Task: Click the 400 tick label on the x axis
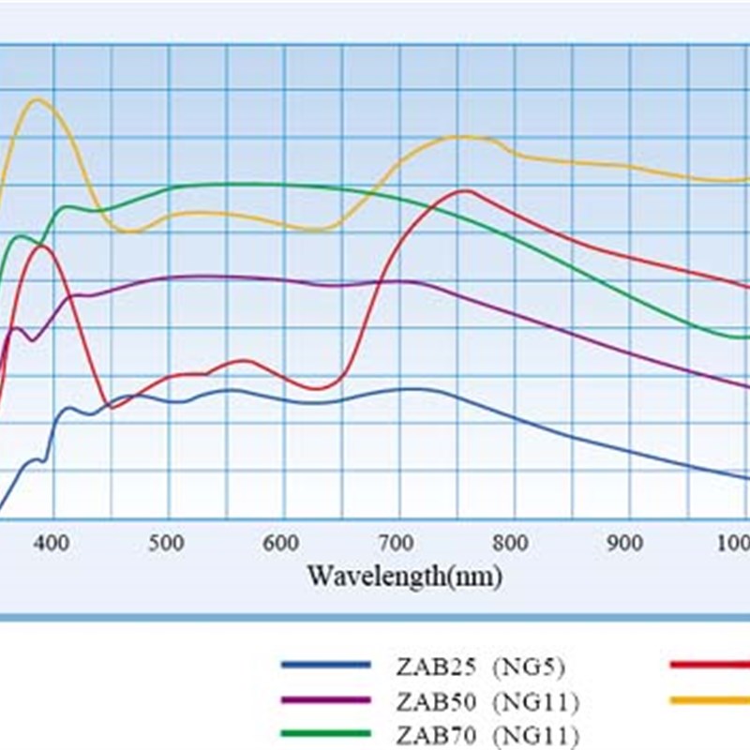pyautogui.click(x=53, y=543)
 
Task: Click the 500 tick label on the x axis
pyautogui.click(x=168, y=543)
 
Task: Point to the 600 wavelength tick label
pyautogui.click(x=281, y=543)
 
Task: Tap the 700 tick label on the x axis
pyautogui.click(x=396, y=543)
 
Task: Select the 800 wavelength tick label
pyautogui.click(x=510, y=543)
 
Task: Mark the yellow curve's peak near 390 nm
pyautogui.click(x=38, y=99)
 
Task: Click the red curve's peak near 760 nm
pyautogui.click(x=465, y=190)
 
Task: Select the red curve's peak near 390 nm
pyautogui.click(x=41, y=246)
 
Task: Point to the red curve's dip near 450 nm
pyautogui.click(x=113, y=408)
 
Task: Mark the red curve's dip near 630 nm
pyautogui.click(x=317, y=388)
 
